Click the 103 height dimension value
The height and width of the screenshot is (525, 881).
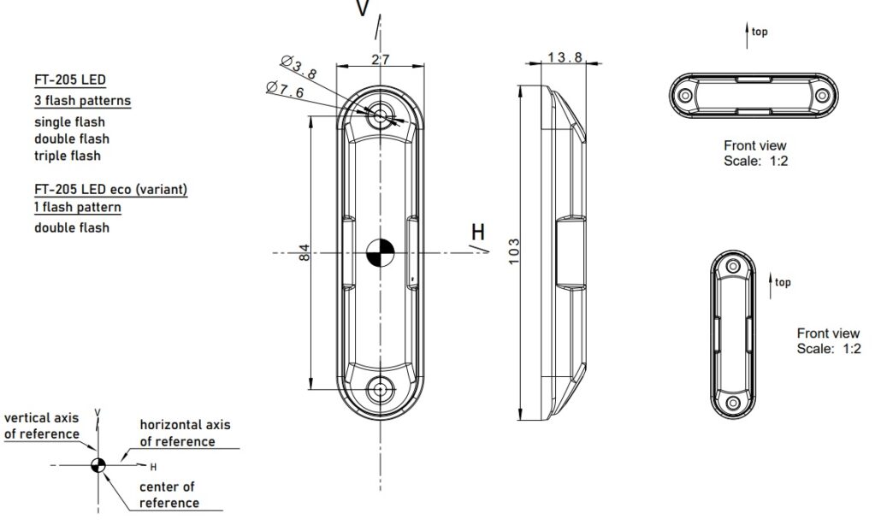[x=513, y=251]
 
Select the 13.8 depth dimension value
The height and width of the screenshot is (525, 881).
[x=565, y=56]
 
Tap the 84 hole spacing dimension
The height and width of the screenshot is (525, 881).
[x=304, y=252]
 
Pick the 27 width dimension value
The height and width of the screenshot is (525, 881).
[x=381, y=59]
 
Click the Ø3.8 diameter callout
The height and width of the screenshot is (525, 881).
[x=299, y=66]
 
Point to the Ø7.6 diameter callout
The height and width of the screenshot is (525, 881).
[x=285, y=89]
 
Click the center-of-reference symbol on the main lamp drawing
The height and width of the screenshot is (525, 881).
[x=381, y=253]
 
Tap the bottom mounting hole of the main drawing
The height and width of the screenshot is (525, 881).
[x=381, y=389]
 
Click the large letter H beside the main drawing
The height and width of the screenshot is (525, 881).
[x=477, y=232]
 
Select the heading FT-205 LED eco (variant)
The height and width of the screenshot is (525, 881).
[x=110, y=189]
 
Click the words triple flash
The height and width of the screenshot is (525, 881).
[x=68, y=156]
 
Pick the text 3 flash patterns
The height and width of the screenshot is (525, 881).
[x=83, y=101]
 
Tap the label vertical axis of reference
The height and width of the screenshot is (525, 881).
[x=42, y=426]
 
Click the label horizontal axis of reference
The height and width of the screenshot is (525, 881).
[x=186, y=433]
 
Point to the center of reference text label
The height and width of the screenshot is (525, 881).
[x=169, y=495]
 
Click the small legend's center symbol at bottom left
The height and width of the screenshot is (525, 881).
[x=98, y=465]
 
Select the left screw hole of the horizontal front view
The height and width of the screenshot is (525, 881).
[x=685, y=96]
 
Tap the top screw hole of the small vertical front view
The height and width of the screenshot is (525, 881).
[x=733, y=266]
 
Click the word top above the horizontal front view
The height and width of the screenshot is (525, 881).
[x=760, y=32]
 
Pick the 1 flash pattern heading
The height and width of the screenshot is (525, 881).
[x=78, y=207]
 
